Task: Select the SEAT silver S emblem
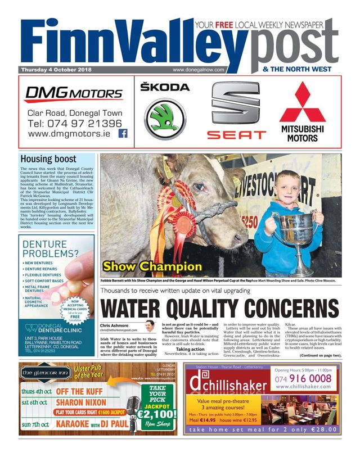[x=235, y=105]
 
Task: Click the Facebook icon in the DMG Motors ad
[x=123, y=134]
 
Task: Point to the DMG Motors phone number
[x=74, y=123]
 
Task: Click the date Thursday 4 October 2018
[x=56, y=70]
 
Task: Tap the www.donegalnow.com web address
[x=199, y=70]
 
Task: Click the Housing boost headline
[x=48, y=159]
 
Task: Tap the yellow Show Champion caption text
[x=152, y=266]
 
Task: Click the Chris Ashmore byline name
[x=114, y=325]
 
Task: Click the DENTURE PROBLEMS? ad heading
[x=56, y=249]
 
